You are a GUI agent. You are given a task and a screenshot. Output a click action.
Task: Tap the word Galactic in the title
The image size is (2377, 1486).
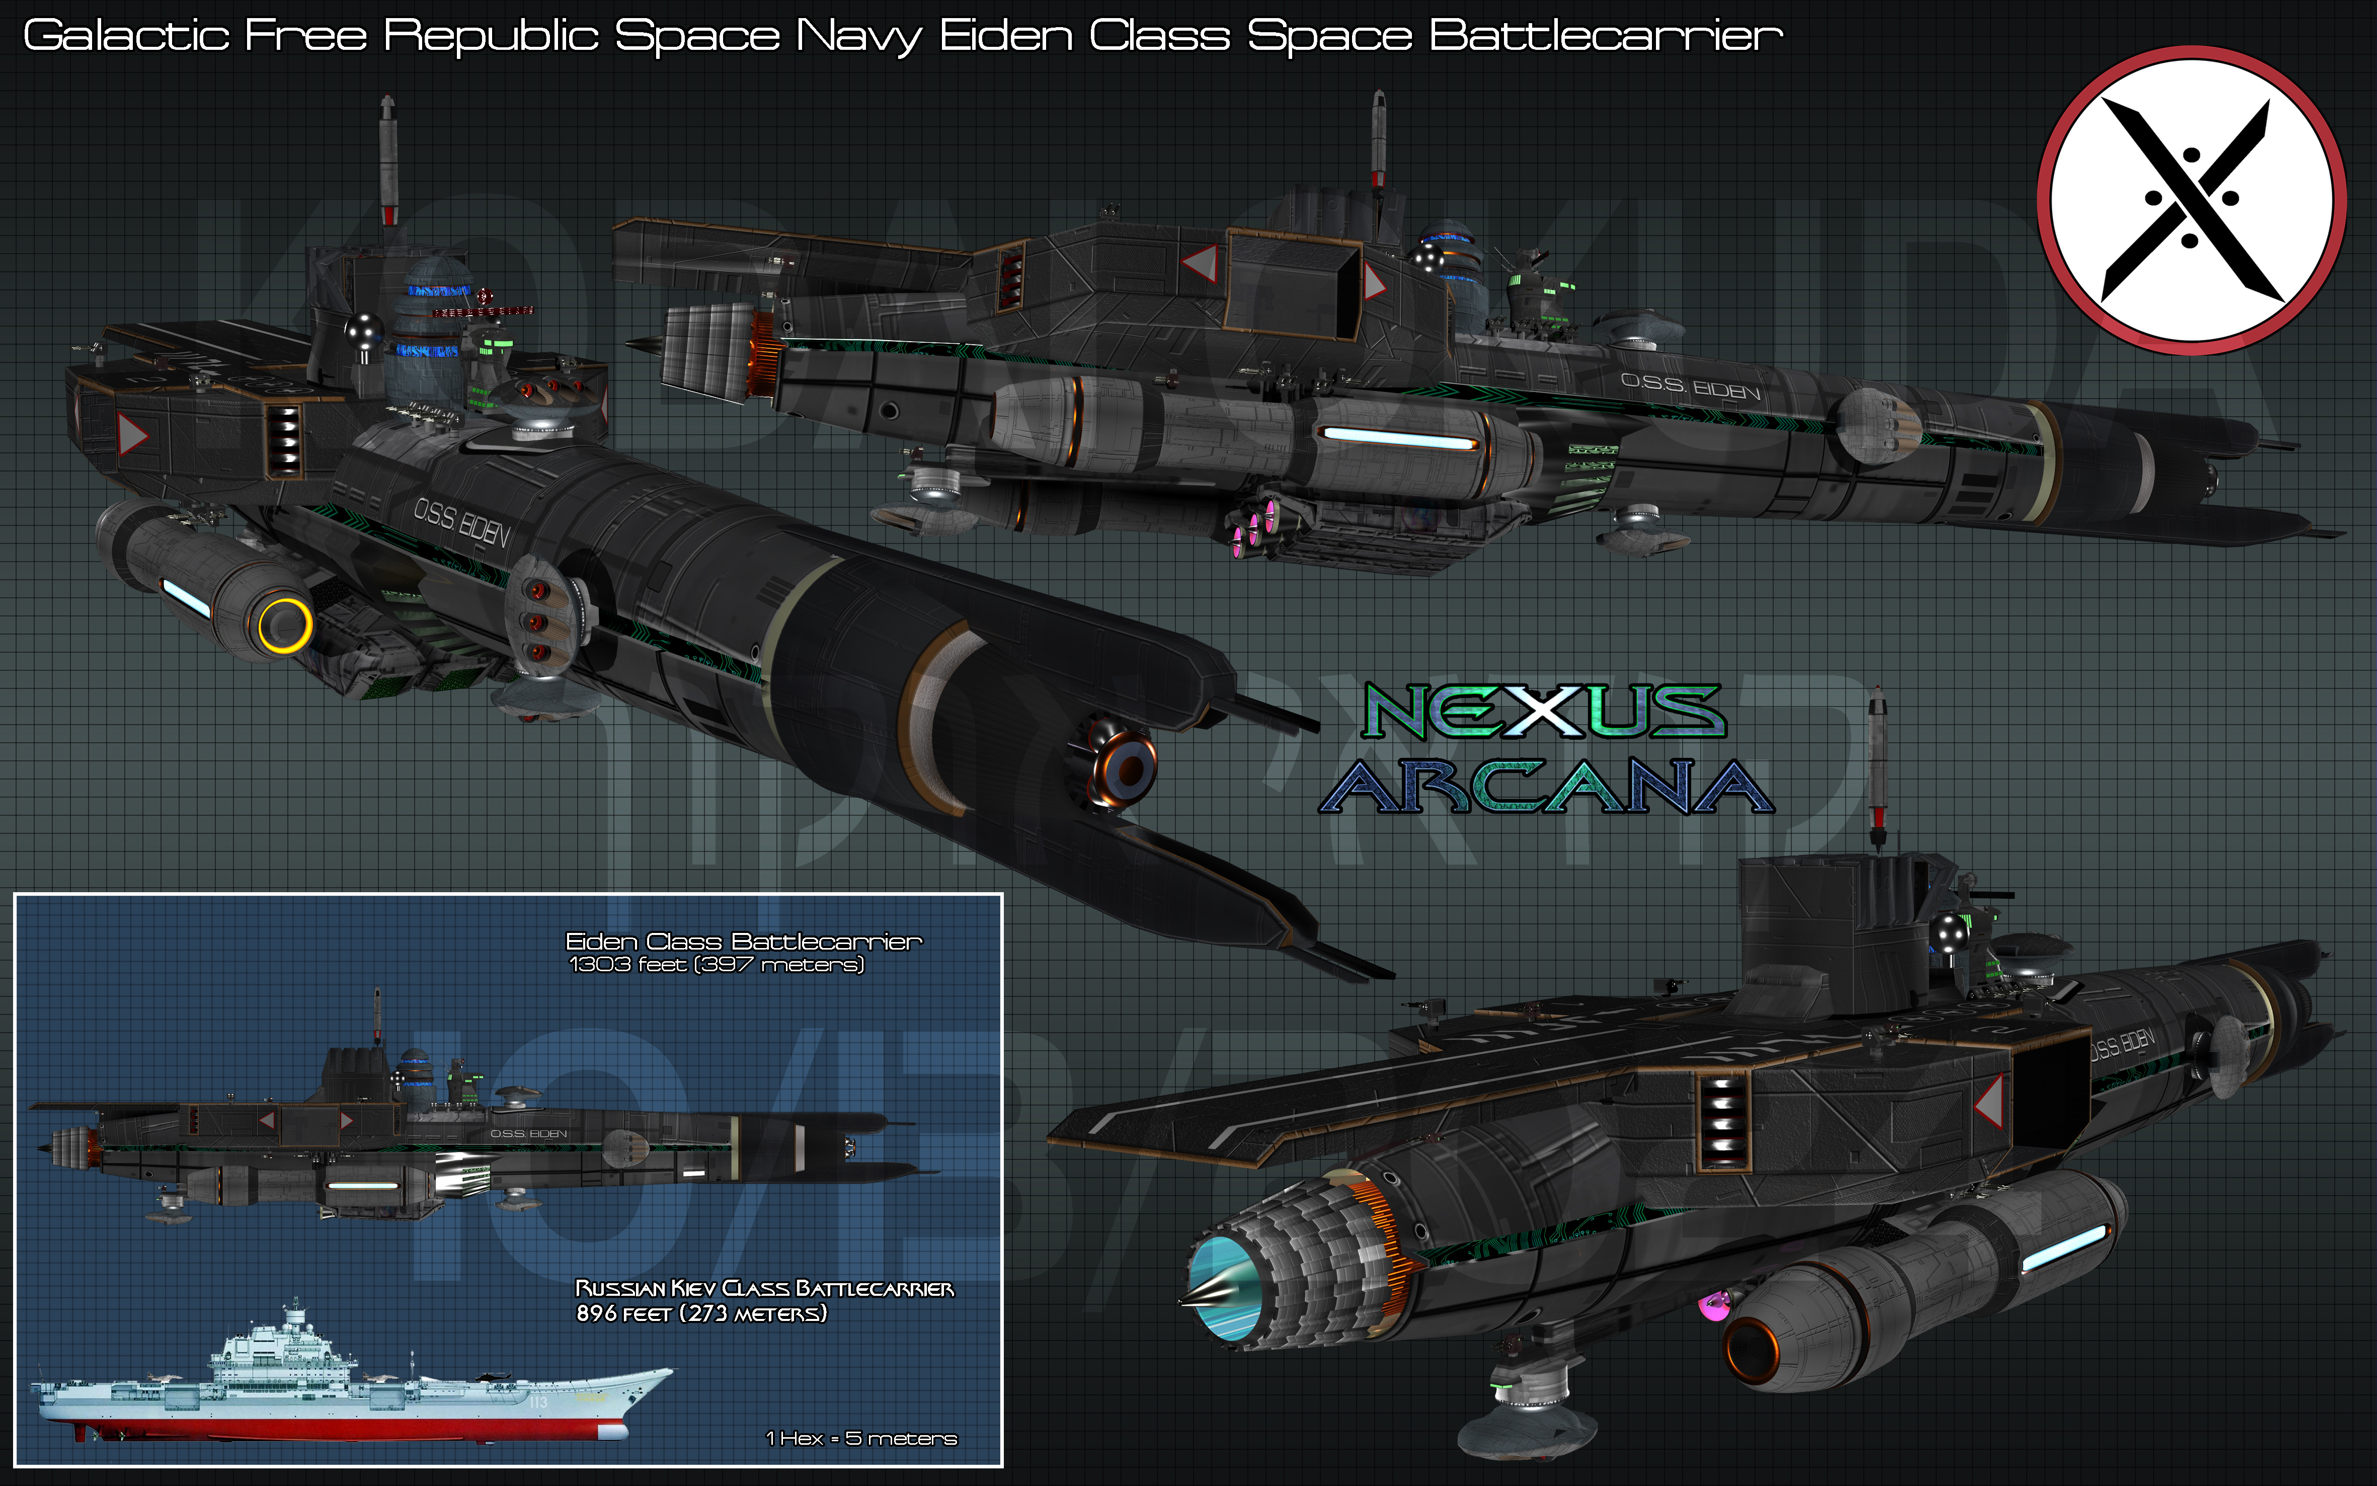(x=126, y=36)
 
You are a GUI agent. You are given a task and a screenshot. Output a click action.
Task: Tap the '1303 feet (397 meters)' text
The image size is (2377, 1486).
(x=717, y=965)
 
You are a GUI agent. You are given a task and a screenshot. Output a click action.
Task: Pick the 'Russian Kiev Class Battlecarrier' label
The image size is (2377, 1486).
(x=763, y=1288)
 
